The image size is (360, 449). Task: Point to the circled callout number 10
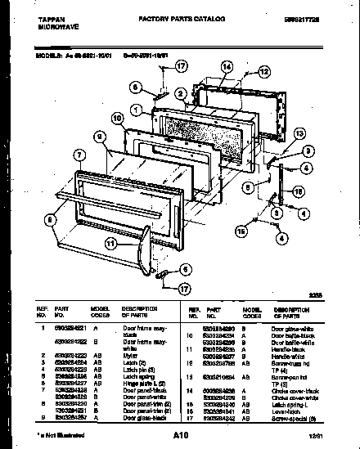tap(118, 119)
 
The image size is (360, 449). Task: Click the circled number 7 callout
tap(79, 154)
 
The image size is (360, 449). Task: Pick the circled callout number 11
tap(110, 242)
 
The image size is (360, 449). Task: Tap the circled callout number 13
tap(299, 132)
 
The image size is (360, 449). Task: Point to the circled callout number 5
tap(246, 186)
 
